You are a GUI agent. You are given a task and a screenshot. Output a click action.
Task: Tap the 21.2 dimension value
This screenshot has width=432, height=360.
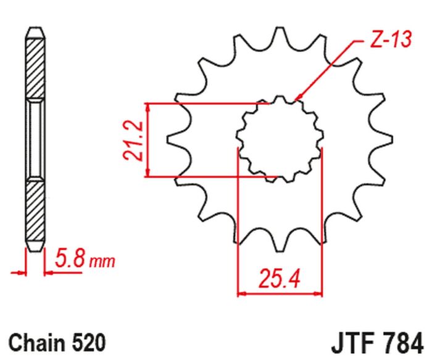(x=136, y=141)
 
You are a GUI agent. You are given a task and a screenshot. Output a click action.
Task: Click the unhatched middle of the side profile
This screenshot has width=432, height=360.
(x=35, y=139)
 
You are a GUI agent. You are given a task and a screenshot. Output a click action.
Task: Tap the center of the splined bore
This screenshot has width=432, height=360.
(x=279, y=139)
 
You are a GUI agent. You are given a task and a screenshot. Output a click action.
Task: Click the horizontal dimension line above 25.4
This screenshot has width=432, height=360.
(x=279, y=293)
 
